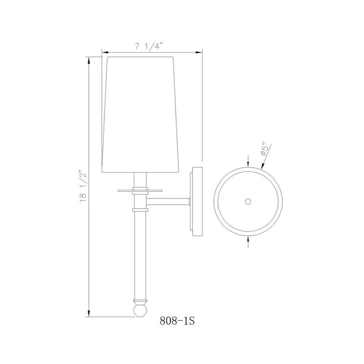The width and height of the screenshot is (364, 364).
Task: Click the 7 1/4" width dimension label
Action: click(149, 47)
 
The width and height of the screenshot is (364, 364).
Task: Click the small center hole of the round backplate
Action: click(248, 202)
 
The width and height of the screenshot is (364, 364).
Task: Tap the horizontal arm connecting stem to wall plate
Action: click(168, 201)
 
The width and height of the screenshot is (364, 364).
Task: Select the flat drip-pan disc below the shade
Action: click(140, 191)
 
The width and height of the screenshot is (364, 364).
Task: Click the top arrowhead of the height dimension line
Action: click(89, 61)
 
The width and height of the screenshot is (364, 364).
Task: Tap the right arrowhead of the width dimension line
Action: click(199, 52)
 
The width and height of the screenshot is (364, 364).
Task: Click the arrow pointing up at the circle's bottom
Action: click(248, 239)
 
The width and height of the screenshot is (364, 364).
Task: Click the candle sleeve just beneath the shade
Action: click(140, 179)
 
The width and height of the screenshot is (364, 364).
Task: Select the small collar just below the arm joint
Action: click(140, 210)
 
